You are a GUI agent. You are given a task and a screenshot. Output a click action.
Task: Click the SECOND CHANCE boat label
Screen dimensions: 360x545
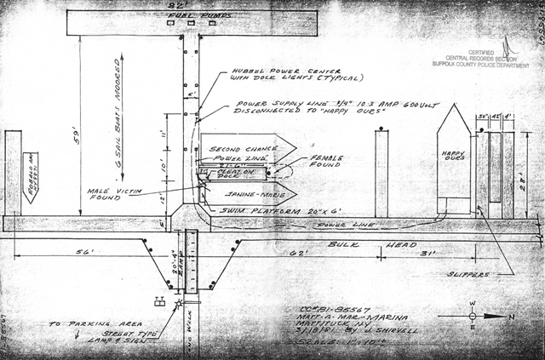tap(233, 146)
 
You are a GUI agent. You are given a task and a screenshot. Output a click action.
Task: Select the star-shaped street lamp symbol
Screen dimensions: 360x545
tap(179, 303)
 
